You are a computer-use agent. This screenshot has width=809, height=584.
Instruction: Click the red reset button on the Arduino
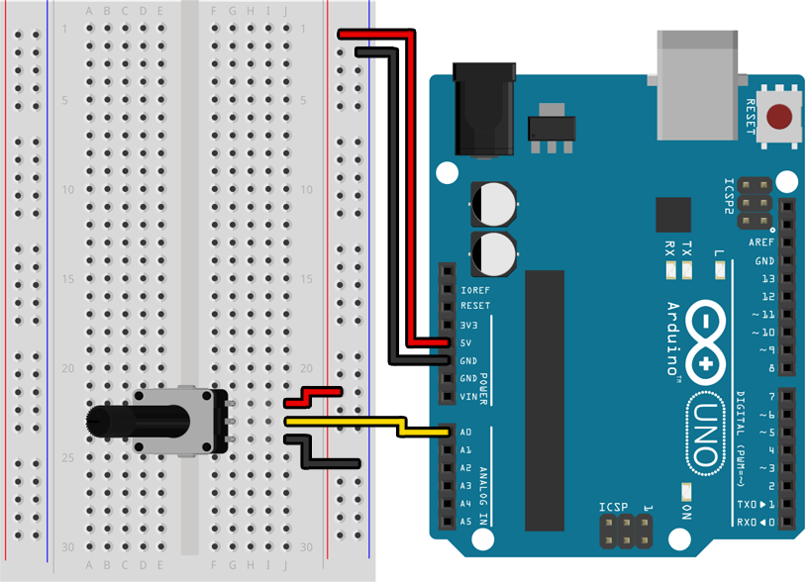click(783, 117)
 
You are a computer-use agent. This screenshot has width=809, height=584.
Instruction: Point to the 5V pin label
click(466, 342)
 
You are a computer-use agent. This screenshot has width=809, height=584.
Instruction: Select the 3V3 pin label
click(470, 325)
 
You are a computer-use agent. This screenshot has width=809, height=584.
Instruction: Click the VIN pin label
click(469, 396)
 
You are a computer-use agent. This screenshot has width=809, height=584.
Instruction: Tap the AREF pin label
click(761, 243)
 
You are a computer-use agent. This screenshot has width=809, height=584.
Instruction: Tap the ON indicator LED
click(686, 491)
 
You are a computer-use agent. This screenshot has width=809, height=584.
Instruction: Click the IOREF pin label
click(475, 289)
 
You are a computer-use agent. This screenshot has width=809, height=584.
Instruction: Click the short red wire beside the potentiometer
click(313, 397)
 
